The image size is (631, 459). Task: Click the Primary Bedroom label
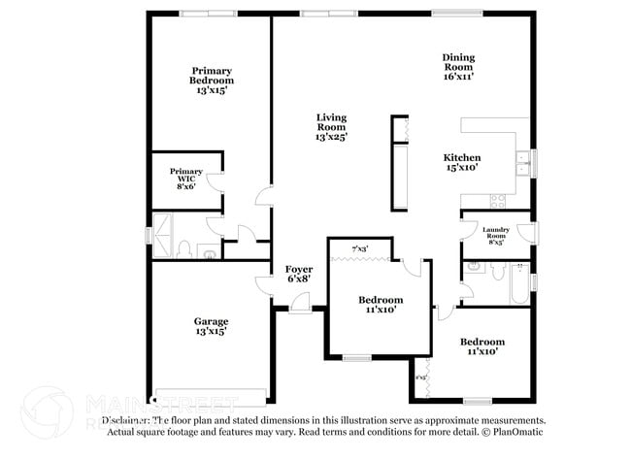pos(212,80)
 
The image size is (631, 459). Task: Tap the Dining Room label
pos(458,66)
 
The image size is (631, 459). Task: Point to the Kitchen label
pos(462,162)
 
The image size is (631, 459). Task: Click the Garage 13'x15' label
pos(211,326)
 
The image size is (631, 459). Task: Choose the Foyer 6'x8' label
pos(298,274)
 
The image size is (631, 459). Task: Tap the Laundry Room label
pos(495,236)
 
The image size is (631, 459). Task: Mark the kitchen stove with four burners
pos(498,201)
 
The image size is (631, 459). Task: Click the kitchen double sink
pos(523,162)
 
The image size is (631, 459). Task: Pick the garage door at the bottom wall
pos(211,395)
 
